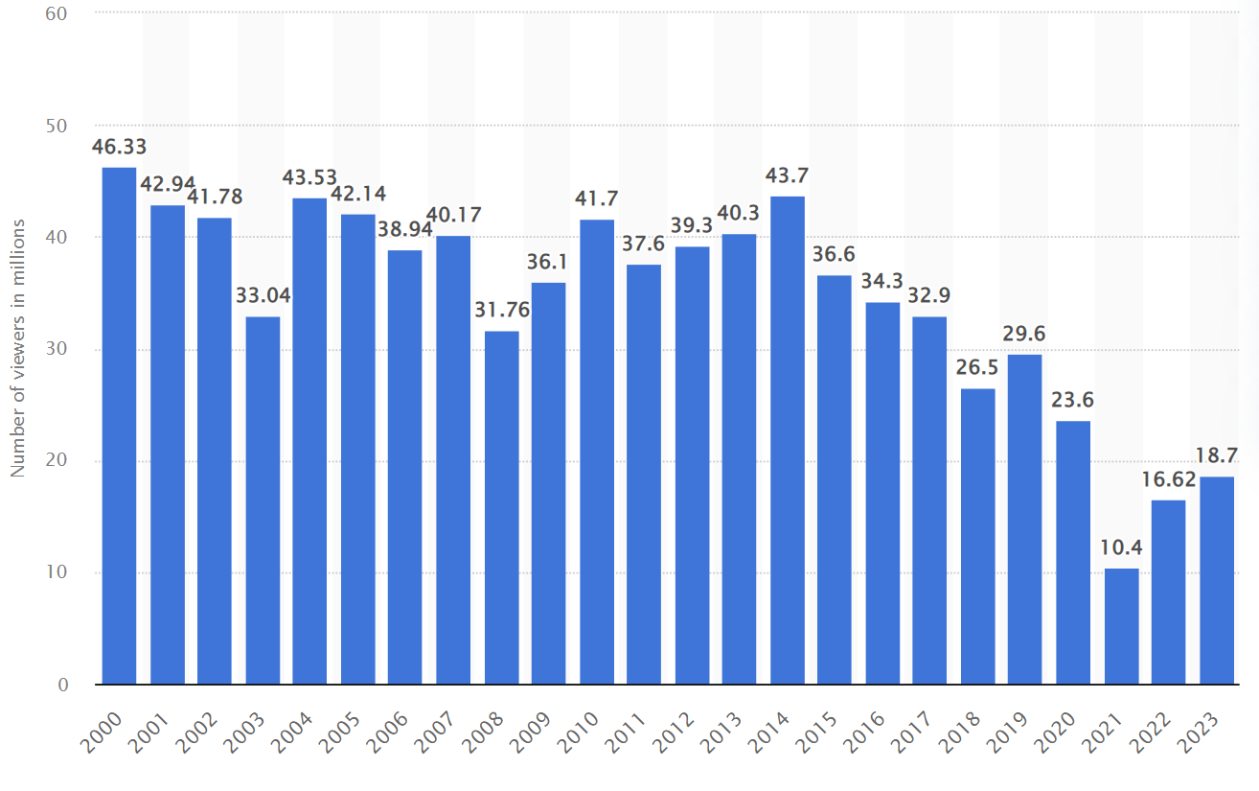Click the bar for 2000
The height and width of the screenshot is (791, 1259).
[x=119, y=426]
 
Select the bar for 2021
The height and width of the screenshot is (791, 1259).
[x=1122, y=626]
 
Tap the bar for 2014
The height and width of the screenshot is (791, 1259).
[x=788, y=440]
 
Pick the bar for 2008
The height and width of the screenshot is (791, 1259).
[x=501, y=507]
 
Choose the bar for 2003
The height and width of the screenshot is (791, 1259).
[x=263, y=500]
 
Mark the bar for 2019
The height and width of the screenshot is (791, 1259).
[x=1025, y=519]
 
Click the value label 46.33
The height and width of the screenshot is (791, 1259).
[x=119, y=147]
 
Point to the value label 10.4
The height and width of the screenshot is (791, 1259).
[x=1122, y=548]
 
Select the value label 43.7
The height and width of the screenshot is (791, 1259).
[x=788, y=176]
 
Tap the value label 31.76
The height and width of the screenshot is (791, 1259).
[x=501, y=312]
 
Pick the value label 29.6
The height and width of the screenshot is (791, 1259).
[x=1025, y=335]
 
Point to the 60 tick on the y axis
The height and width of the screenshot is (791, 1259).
[x=57, y=13]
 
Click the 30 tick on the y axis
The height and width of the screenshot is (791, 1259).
[x=57, y=349]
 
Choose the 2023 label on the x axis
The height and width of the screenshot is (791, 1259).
[x=1202, y=733]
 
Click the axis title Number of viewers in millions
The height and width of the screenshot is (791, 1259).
[x=17, y=349]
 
